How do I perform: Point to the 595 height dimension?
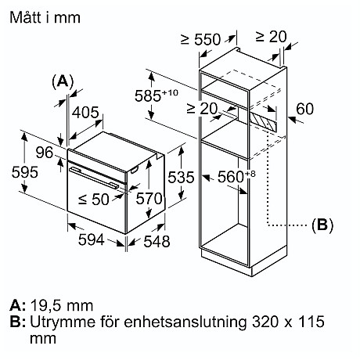tap(15, 170)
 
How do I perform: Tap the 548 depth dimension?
tap(157, 241)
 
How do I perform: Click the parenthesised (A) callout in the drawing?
tap(63, 81)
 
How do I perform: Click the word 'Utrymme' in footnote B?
tap(58, 322)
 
